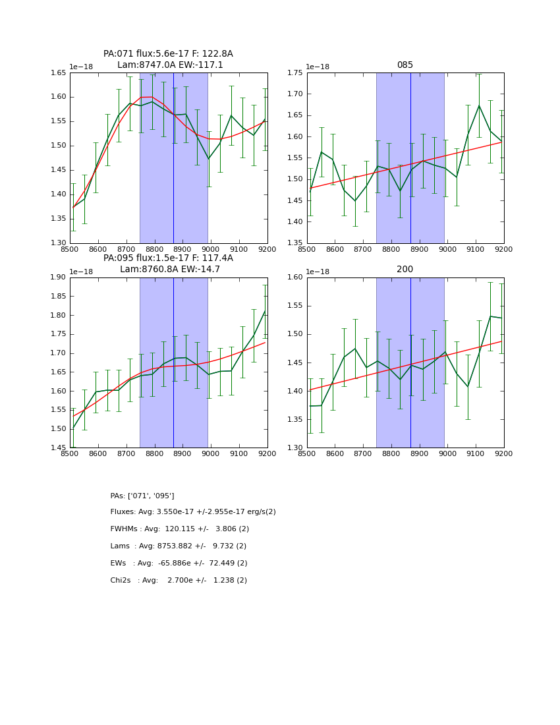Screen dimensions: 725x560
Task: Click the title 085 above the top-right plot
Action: pos(405,65)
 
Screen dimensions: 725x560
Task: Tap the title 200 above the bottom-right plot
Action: pos(405,270)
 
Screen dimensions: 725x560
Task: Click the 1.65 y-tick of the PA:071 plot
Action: pos(59,73)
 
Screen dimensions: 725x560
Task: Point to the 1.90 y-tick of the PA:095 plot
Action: pos(59,277)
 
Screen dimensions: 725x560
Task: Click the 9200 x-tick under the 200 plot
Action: pos(503,454)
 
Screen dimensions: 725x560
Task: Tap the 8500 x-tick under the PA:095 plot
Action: pos(70,454)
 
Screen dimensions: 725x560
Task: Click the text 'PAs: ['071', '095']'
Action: pos(142,496)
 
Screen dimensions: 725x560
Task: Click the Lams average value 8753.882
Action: pos(173,546)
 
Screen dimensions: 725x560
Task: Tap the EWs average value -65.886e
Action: pos(172,564)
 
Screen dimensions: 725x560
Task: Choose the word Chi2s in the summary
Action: pos(122,581)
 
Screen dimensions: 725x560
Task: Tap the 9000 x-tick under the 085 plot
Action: pos(447,250)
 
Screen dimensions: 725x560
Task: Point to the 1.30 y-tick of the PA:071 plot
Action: pos(59,243)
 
